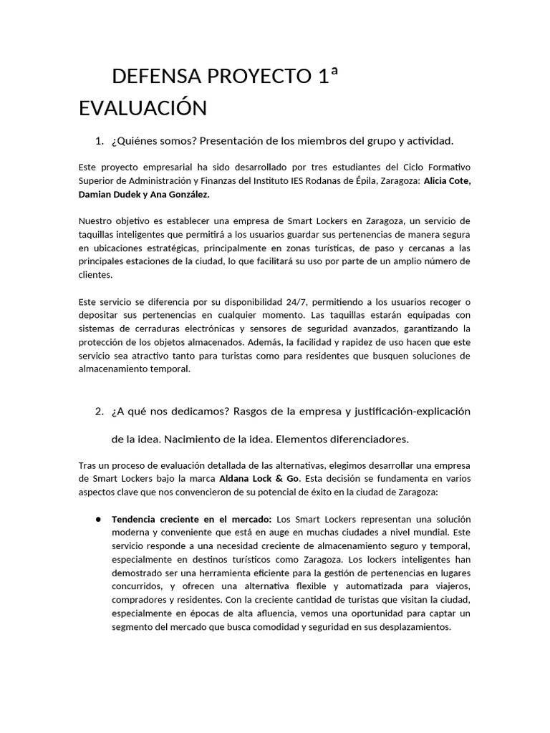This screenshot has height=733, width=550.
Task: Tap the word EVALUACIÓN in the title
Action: [x=143, y=108]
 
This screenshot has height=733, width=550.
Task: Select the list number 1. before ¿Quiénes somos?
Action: [x=100, y=140]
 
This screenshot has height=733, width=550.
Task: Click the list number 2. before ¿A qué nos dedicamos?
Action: [x=100, y=412]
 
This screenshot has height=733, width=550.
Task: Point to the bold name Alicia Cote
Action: [x=447, y=180]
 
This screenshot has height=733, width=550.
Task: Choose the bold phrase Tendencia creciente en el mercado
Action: [x=192, y=519]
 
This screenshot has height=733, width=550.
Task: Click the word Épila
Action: [x=373, y=180]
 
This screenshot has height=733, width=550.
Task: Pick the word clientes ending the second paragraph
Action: [x=95, y=275]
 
